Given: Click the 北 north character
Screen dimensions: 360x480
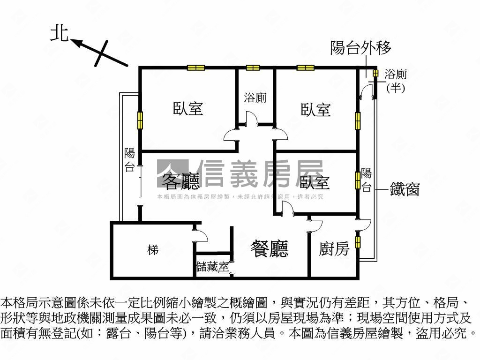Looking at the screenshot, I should (60, 33).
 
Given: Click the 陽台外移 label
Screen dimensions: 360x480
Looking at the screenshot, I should (360, 48).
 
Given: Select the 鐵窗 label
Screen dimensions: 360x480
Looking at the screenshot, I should (405, 189).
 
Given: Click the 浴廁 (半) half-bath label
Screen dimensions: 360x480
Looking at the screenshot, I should (395, 80).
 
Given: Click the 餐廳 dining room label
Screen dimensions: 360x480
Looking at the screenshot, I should (270, 248).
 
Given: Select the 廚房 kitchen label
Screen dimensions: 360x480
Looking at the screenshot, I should (334, 249).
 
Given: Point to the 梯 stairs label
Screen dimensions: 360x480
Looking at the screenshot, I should (152, 250).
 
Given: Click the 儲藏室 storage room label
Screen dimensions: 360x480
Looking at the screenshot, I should (213, 268).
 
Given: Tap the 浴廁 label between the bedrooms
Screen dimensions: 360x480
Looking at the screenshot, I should (255, 98).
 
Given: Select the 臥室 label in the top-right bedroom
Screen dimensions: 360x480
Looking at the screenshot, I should (315, 110).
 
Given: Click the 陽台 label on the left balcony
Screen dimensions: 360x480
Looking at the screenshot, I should (129, 160).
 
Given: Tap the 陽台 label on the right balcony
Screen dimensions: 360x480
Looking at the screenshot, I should (367, 180).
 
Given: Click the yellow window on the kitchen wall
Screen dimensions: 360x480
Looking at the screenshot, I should (358, 242).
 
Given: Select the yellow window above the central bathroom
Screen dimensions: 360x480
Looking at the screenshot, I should (253, 67).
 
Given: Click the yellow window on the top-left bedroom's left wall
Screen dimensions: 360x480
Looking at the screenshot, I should (140, 120).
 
